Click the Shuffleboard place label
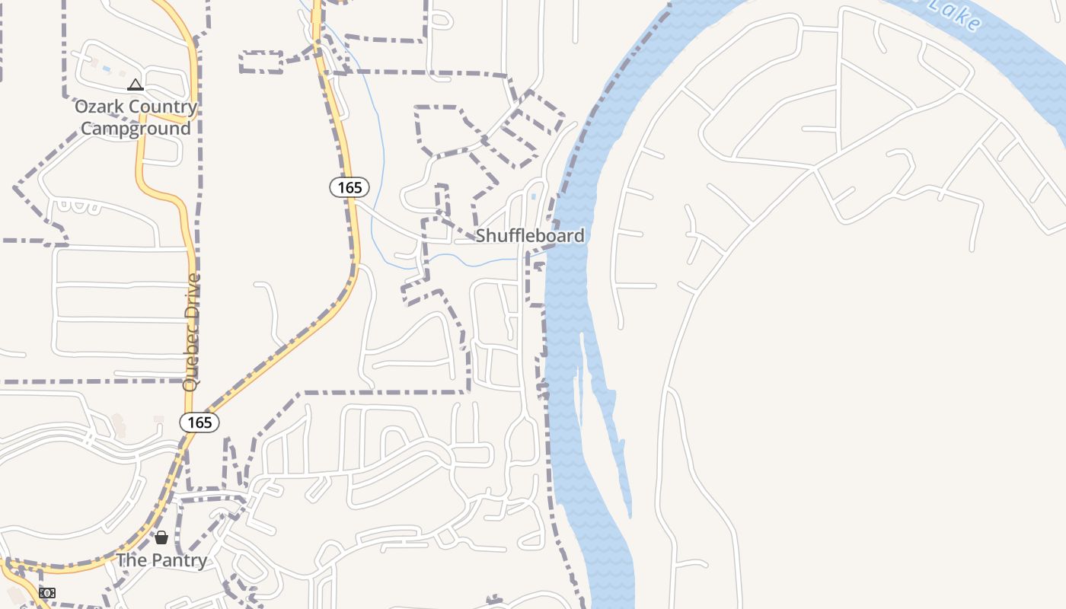(530, 236)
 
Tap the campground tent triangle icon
(136, 84)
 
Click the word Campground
(136, 128)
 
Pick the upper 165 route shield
(349, 187)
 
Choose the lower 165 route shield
(199, 422)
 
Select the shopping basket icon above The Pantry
(161, 537)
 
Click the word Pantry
(179, 561)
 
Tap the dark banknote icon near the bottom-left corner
(47, 593)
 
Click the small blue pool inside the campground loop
(106, 69)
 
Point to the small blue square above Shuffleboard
(533, 196)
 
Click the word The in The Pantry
(131, 561)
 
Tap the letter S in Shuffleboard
(481, 236)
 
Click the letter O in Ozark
(81, 107)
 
